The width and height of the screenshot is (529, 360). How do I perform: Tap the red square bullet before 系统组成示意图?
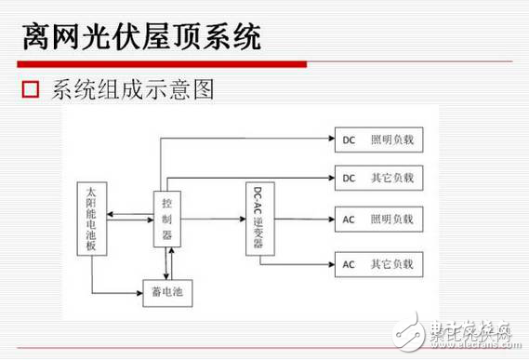pos(31,91)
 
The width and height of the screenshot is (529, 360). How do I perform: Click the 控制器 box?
pos(166,220)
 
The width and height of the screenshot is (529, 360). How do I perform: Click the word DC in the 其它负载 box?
pos(349,177)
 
